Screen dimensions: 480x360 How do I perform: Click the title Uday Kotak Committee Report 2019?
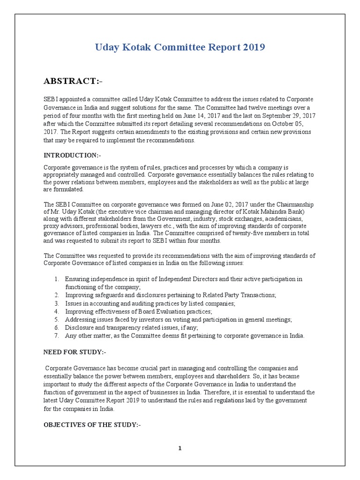click(x=180, y=47)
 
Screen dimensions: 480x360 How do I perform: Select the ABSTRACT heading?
click(x=73, y=81)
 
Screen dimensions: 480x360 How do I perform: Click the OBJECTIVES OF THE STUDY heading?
click(x=92, y=425)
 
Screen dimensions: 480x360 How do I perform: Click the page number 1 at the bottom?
click(x=180, y=448)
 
